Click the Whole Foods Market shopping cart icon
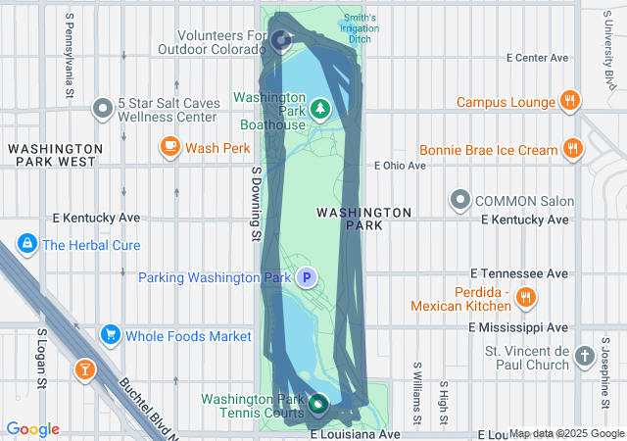(x=110, y=336)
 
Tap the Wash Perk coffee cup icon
(x=170, y=148)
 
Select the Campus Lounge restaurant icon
(x=569, y=101)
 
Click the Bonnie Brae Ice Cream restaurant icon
(x=573, y=150)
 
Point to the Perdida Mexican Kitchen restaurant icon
(x=526, y=296)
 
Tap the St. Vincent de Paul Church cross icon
(x=585, y=356)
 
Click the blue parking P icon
(x=308, y=278)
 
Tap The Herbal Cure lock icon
(x=26, y=245)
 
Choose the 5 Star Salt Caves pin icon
(x=102, y=109)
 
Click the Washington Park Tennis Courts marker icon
(x=318, y=403)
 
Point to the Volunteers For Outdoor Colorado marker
(x=282, y=40)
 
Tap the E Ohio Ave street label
(x=401, y=166)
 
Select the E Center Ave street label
(x=537, y=58)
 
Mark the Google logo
(x=33, y=429)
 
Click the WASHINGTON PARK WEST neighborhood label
(x=52, y=154)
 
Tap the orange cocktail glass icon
(x=85, y=369)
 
